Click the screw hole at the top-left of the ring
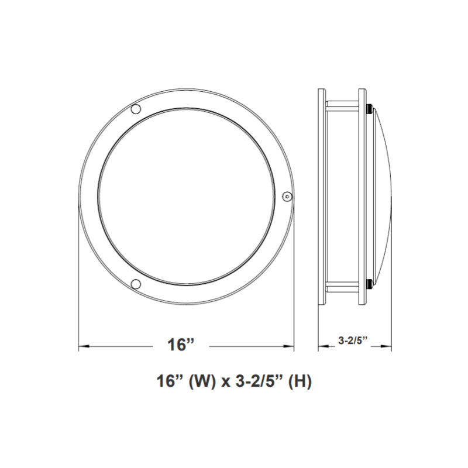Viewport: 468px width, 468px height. (135, 109)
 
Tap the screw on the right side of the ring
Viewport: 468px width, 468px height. (286, 197)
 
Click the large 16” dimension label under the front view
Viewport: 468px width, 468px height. (180, 345)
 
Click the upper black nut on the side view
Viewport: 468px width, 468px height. (369, 108)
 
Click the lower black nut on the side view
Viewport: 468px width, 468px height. (369, 285)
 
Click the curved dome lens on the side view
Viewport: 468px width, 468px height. (383, 197)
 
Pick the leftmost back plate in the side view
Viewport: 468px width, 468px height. (321, 197)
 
